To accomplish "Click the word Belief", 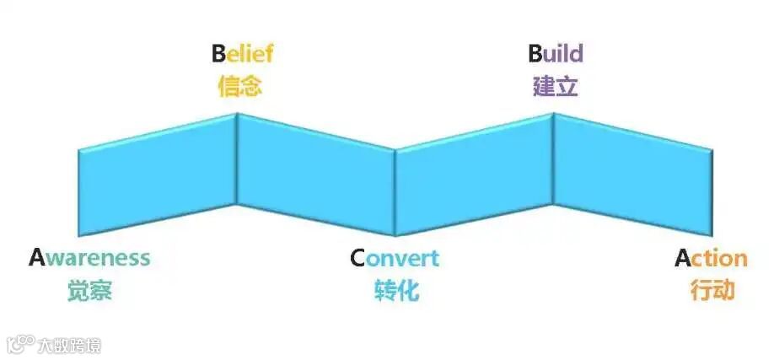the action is [x=242, y=55].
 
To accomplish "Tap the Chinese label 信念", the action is [x=240, y=86].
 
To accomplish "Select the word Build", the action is [x=556, y=55].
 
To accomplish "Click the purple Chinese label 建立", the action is [x=556, y=86].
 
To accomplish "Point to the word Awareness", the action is [x=89, y=258].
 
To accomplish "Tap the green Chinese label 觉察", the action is [x=89, y=291].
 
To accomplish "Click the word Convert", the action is [x=395, y=258].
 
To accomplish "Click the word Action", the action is [x=711, y=258].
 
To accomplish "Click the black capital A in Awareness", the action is [x=36, y=258].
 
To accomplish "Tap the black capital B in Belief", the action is [x=218, y=55].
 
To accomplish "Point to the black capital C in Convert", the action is [x=358, y=258].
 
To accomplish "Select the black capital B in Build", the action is [x=535, y=55].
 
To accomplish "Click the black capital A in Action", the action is [x=683, y=258].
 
